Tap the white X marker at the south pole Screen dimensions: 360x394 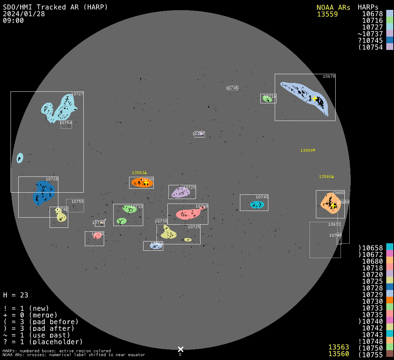click(180, 349)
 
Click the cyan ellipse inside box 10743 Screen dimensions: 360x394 click(257, 205)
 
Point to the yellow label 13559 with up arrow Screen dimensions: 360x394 click(308, 150)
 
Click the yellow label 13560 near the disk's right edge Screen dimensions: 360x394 click(326, 176)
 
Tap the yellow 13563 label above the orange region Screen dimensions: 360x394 click(139, 173)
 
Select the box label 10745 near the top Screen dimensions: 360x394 click(232, 88)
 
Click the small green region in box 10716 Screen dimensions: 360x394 click(267, 99)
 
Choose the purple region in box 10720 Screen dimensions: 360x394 click(180, 193)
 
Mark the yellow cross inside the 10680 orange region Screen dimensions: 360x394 click(333, 205)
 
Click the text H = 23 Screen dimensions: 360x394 click(16, 295)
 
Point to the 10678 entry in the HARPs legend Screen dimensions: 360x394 click(373, 14)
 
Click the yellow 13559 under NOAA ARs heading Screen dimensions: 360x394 click(327, 14)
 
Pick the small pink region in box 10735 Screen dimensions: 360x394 click(97, 236)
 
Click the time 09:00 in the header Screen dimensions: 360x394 click(13, 20)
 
